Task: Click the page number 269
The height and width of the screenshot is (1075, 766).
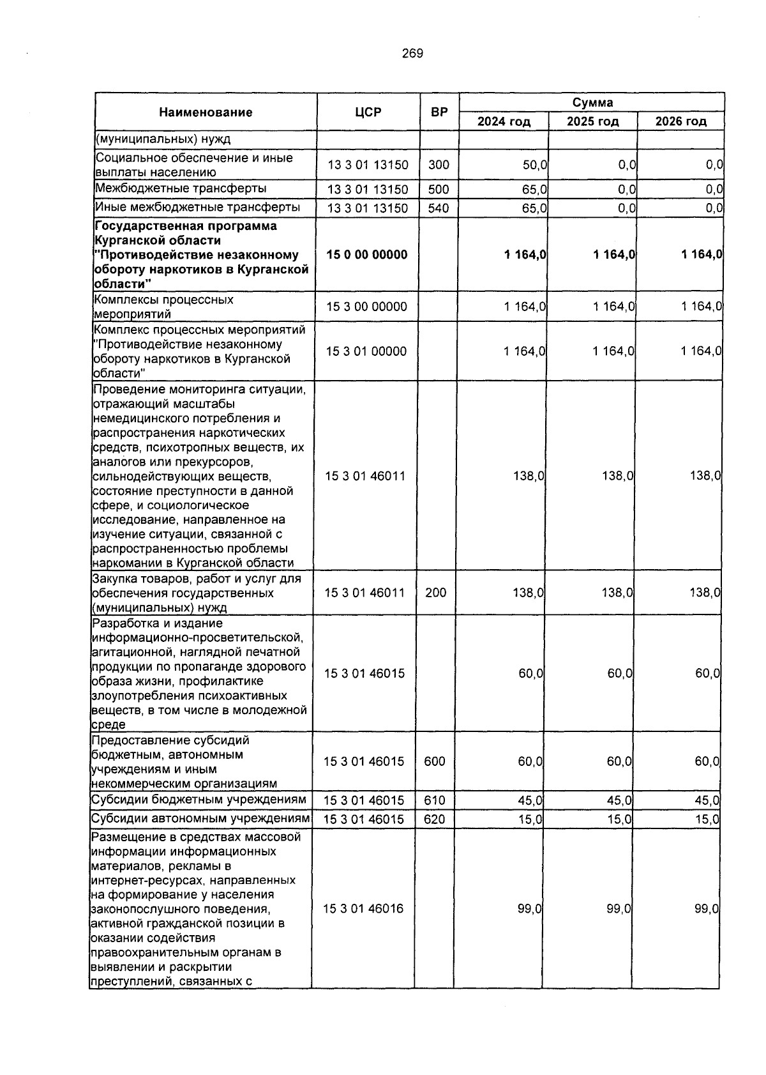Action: coord(412,54)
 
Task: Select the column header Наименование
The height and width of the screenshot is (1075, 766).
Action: coord(206,112)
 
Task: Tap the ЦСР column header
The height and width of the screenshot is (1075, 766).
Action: coord(368,112)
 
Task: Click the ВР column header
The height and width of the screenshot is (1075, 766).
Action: coord(439,112)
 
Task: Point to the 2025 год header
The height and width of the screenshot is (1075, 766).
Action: coord(592,121)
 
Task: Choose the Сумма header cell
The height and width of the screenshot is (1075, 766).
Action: coord(592,102)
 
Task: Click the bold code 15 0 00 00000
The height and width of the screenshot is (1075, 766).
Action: coord(367,255)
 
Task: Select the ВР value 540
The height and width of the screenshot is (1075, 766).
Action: coord(439,208)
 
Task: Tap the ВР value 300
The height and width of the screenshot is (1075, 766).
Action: coord(439,165)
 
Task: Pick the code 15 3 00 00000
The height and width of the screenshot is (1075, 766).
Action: coord(366,307)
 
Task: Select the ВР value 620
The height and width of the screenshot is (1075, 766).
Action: coord(434,820)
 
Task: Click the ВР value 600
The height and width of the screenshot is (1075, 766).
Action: coord(435,761)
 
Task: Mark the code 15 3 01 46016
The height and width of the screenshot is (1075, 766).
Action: coord(364,908)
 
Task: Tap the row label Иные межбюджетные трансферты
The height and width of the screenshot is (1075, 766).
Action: coord(197,207)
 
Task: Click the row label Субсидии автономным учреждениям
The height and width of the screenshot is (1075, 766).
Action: coord(200,819)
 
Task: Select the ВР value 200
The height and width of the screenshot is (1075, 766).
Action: coord(436,593)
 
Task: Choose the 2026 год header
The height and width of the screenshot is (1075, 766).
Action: coord(681,121)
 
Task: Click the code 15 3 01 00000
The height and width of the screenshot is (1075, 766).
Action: coord(366,351)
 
